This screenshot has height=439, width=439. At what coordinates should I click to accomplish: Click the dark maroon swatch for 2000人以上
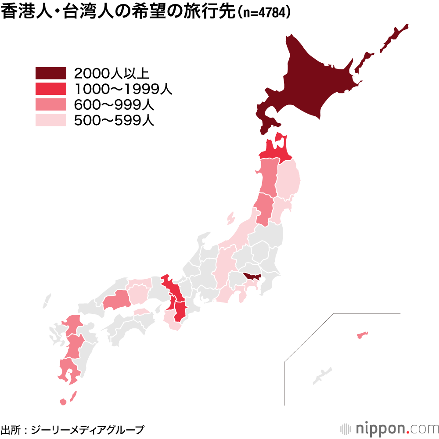pos(50,73)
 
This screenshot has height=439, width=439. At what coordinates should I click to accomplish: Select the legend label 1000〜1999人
pos(123,89)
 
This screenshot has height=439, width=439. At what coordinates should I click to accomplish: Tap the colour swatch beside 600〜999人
pos(50,104)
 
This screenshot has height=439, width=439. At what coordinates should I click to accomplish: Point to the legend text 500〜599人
pos(114,120)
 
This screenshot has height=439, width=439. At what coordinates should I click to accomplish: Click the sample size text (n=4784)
pos(264,13)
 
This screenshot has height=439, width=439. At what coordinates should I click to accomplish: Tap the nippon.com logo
pos(389,428)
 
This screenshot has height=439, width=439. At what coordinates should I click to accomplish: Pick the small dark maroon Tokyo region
pos(253,276)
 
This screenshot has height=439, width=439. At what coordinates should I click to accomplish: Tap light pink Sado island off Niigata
pos(230,217)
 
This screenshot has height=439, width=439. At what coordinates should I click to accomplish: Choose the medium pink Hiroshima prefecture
pos(116,300)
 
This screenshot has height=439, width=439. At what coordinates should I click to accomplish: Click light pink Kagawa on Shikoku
pos(142,312)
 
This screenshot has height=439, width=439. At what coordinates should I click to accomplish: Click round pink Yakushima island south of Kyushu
pos(63,402)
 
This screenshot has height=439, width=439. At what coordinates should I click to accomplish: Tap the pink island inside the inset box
pos(362,336)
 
